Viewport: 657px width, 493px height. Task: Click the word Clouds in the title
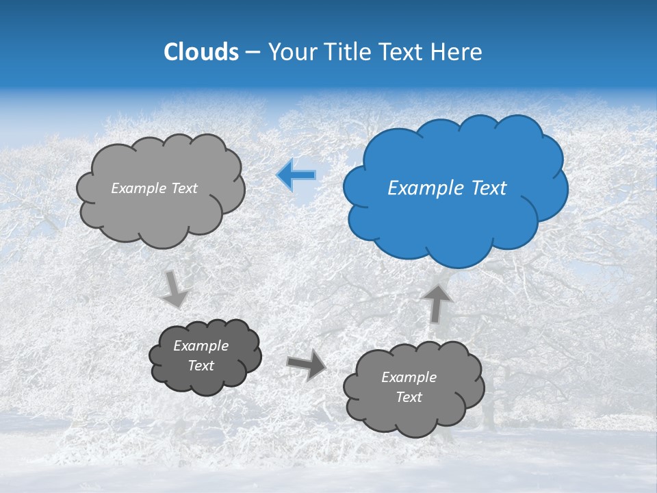(201, 52)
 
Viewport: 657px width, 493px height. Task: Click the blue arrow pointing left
(296, 175)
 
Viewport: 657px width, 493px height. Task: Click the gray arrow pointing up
(437, 303)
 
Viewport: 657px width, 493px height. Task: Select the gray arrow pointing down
(176, 289)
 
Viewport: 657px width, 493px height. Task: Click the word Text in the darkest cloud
(201, 366)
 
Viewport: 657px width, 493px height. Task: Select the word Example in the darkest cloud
(201, 346)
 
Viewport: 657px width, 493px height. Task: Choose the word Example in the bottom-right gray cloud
(409, 377)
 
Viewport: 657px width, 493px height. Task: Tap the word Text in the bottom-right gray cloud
(409, 397)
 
